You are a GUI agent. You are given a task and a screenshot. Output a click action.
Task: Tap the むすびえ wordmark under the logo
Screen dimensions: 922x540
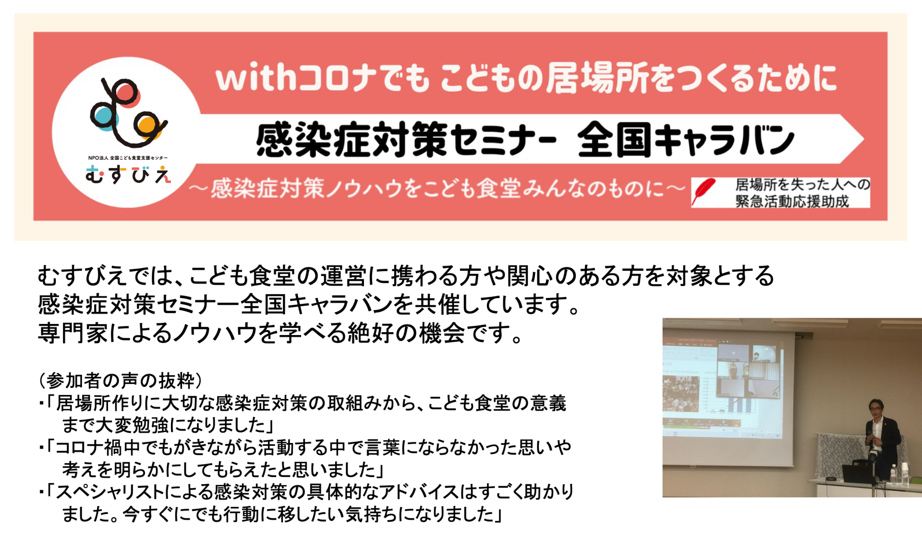coord(128,175)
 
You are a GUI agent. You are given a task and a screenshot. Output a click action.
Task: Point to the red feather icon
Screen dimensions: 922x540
coord(703,192)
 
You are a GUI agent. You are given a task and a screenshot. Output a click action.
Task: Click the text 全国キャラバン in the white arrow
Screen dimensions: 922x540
coord(685,140)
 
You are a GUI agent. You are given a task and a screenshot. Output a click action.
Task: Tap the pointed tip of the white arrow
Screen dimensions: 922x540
coord(863,139)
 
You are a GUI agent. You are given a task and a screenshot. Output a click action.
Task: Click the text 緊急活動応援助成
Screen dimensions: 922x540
coord(792,201)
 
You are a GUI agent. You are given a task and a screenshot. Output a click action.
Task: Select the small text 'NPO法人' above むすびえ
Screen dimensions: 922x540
coord(98,158)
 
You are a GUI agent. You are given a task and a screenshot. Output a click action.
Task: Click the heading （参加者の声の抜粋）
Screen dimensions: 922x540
coord(121,381)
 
